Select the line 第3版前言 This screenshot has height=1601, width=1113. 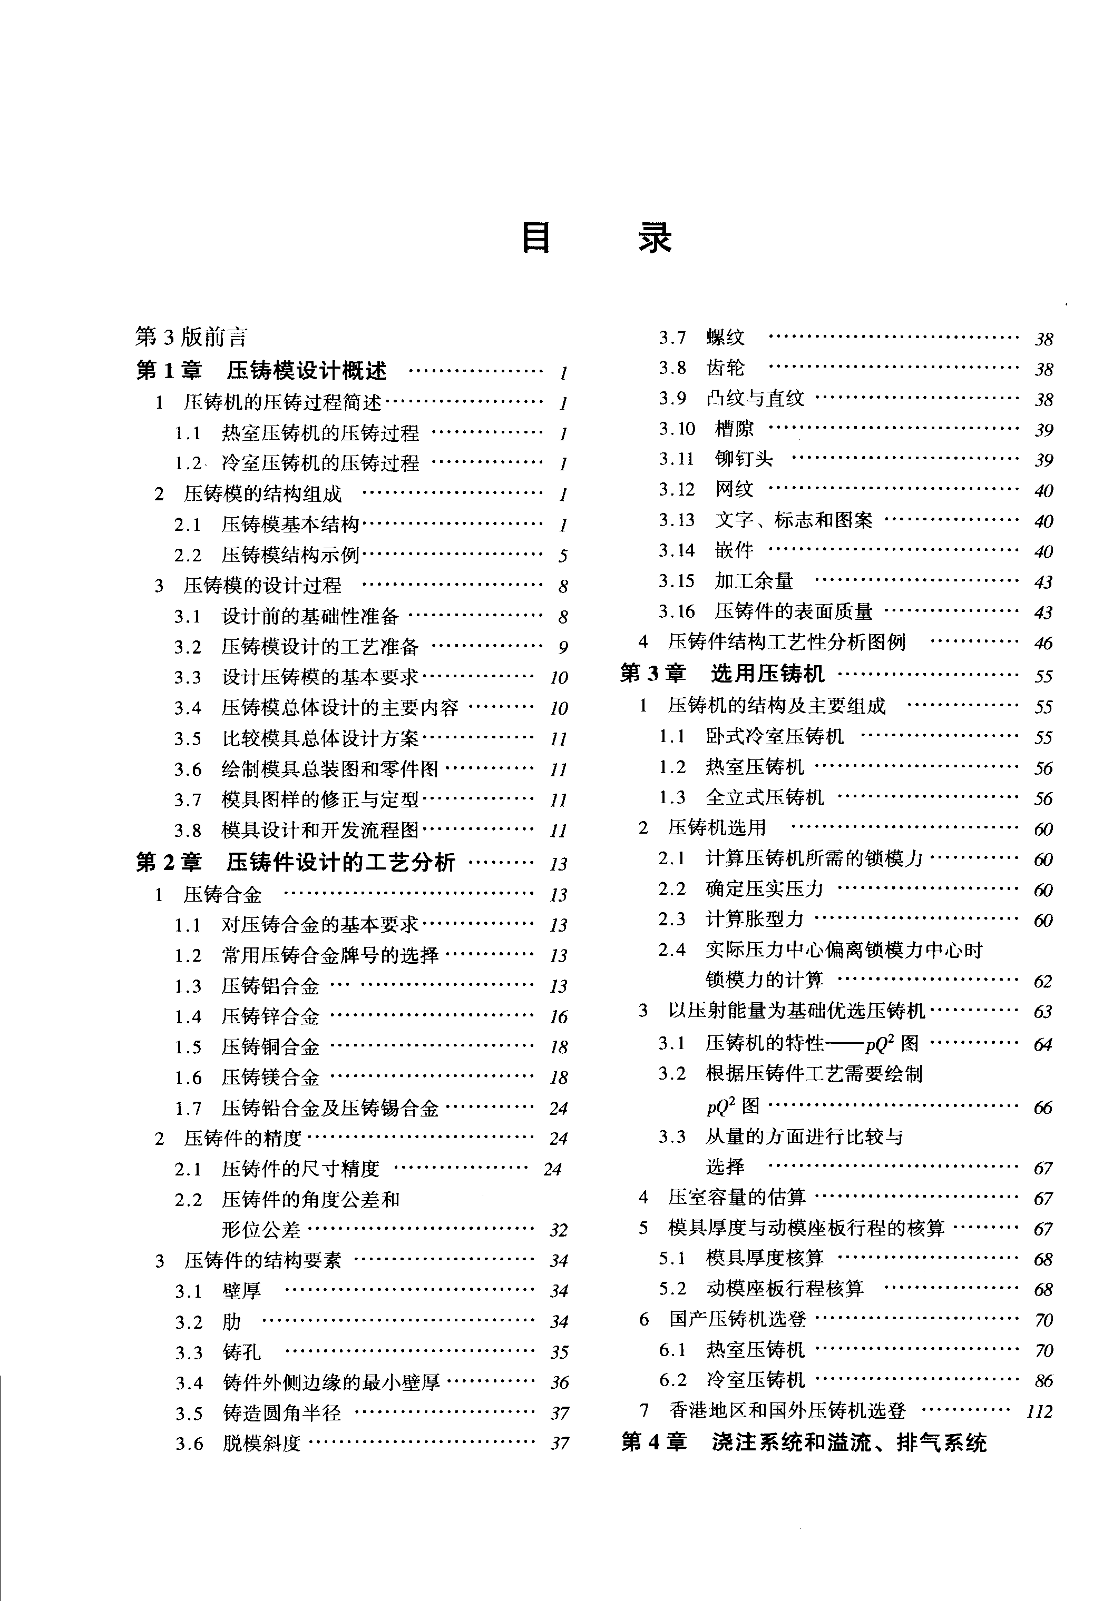tap(191, 338)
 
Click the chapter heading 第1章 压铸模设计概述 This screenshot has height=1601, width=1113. tap(261, 371)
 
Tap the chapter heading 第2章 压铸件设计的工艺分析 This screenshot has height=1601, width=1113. tap(295, 862)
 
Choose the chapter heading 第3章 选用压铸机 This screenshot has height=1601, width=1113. tap(723, 673)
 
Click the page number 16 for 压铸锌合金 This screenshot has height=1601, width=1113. tap(558, 1017)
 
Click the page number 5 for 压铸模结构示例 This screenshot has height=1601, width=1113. tap(563, 556)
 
